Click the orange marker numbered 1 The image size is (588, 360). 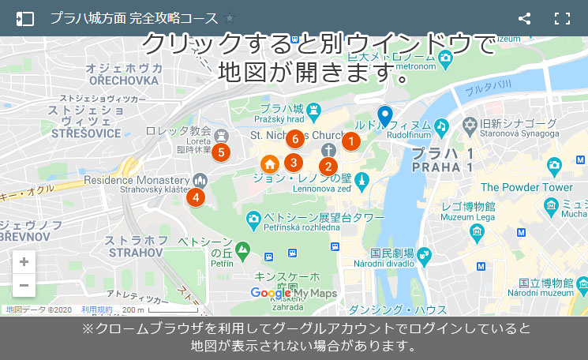[350, 141]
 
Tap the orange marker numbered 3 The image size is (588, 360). [294, 163]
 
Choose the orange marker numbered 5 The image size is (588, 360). [220, 152]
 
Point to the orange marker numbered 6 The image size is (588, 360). [294, 140]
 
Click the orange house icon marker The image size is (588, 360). [270, 164]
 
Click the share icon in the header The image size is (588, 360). [524, 18]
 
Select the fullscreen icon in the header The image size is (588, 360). [562, 18]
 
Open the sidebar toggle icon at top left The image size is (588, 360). [25, 18]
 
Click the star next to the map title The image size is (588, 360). [230, 18]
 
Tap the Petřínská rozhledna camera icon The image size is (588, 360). [253, 218]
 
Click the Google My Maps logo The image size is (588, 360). [294, 294]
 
